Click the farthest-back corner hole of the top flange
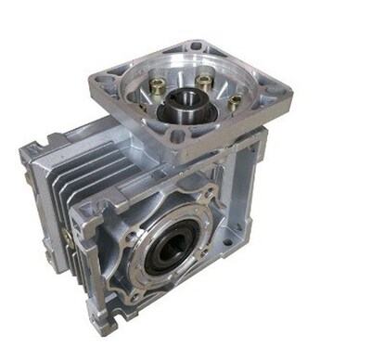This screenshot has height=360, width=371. (x=196, y=45)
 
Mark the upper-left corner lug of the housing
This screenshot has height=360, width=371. (x=30, y=148)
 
